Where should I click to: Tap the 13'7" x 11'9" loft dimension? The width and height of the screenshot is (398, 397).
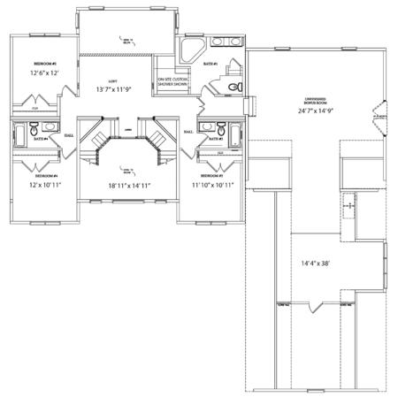click(113, 90)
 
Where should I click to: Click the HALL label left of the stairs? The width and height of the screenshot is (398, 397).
click(68, 135)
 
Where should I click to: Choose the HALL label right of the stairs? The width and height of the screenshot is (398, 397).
click(188, 132)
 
